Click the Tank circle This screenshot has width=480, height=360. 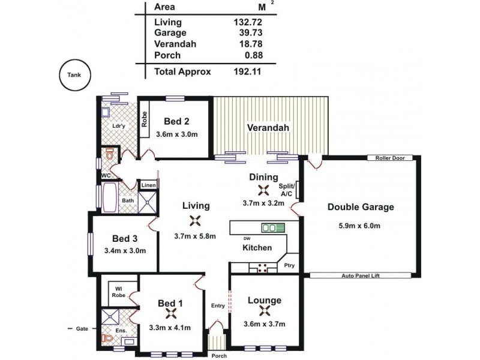tap(73, 76)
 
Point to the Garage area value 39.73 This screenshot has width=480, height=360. tap(250, 33)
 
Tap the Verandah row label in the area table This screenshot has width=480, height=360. tap(175, 44)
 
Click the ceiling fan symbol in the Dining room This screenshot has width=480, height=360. tap(263, 191)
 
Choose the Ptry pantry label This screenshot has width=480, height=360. tap(289, 264)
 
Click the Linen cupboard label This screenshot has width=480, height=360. tap(148, 185)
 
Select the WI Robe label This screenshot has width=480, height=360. tap(118, 293)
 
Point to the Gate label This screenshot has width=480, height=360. tap(82, 329)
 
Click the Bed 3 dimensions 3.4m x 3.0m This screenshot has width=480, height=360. tap(125, 251)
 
